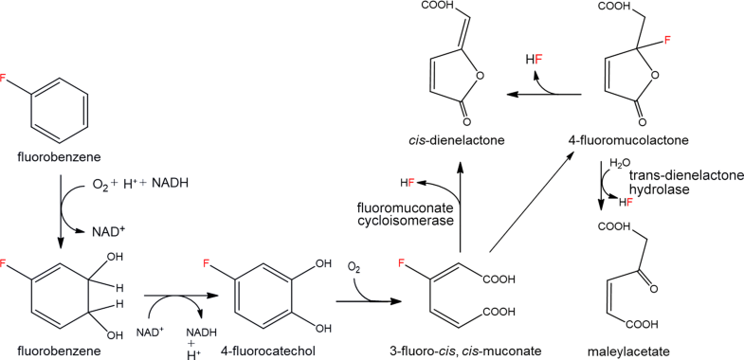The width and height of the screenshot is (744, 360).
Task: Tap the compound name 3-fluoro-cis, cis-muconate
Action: pyautogui.click(x=443, y=350)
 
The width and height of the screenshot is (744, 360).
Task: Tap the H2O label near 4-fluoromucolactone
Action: pyautogui.click(x=619, y=162)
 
